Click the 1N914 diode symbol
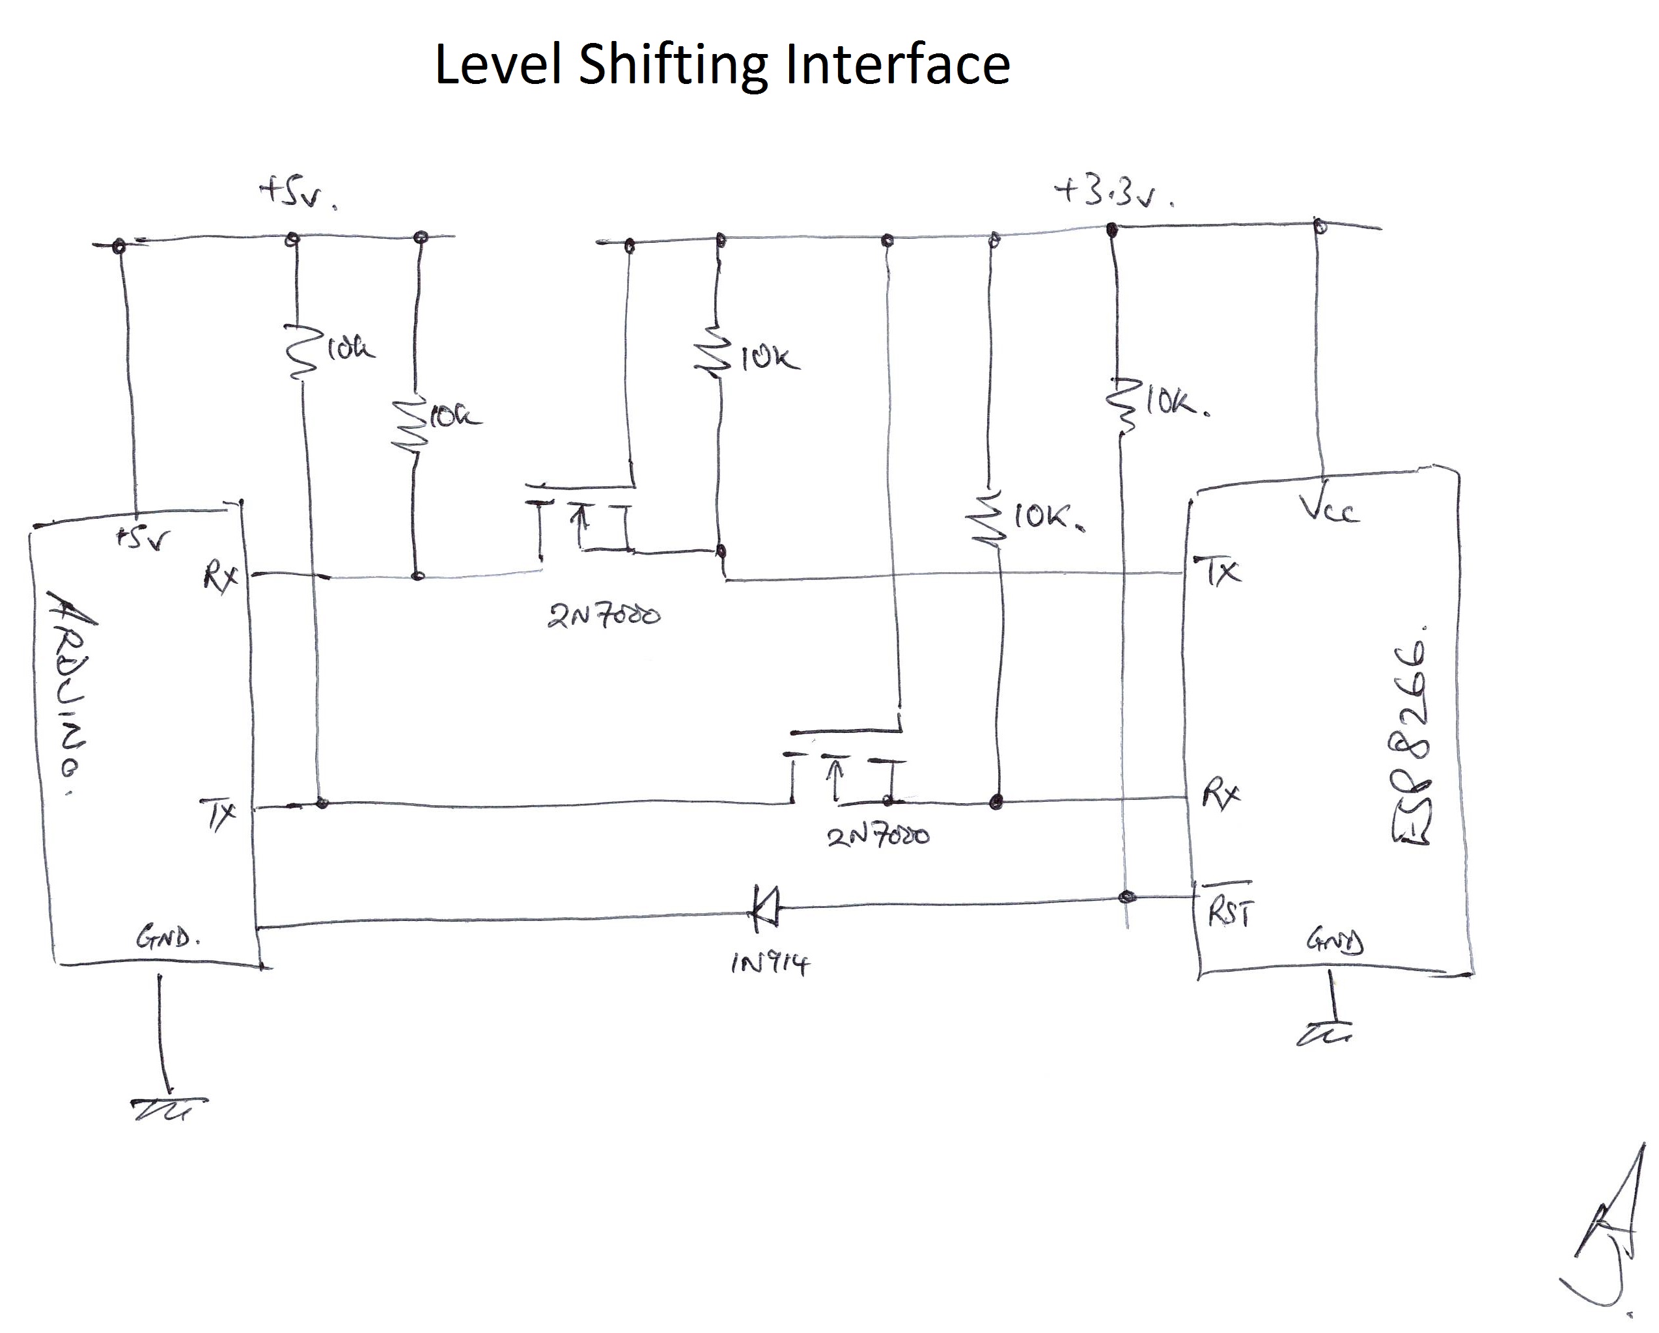pos(766,907)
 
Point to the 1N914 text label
pos(769,963)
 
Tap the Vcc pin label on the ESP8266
pos(1328,508)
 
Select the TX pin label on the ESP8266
pos(1218,571)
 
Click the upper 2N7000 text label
pos(604,616)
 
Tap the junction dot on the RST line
pos(1126,897)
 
